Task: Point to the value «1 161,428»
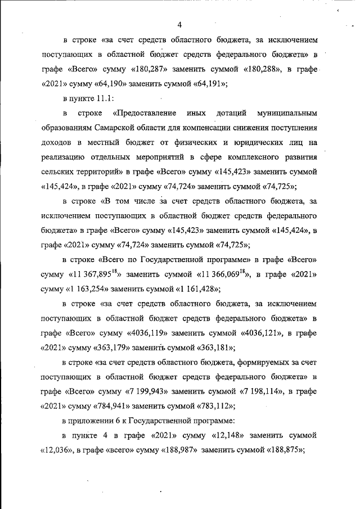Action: (197, 289)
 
